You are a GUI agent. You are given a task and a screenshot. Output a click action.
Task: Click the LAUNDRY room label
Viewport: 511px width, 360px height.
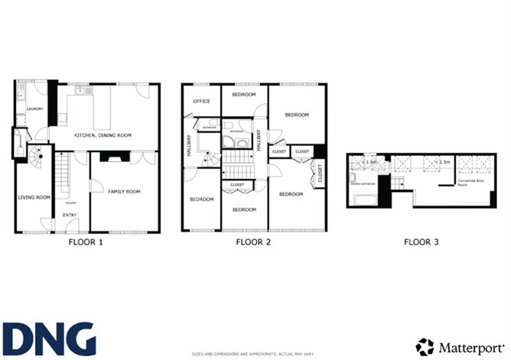point(34,109)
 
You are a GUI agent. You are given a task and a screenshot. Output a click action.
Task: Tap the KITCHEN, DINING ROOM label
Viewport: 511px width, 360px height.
point(103,135)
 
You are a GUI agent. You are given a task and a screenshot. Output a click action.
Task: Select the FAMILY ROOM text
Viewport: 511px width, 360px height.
point(123,191)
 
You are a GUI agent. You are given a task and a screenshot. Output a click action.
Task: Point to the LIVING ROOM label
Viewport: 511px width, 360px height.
point(34,197)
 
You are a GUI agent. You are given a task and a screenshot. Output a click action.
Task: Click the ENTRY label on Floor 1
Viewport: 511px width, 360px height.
point(69,216)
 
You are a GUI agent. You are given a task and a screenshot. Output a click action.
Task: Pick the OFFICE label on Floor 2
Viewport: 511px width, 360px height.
point(202,101)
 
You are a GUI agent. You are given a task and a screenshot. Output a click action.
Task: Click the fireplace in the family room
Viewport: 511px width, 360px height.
point(116,159)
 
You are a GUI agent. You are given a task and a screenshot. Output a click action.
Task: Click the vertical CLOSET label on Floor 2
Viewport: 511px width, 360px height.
point(320,174)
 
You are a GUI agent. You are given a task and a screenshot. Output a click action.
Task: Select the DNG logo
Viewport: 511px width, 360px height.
point(49,339)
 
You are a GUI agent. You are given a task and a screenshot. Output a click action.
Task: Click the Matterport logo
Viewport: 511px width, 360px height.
point(461,345)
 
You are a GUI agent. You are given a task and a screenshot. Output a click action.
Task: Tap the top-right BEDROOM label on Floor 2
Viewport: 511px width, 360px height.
point(297,115)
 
